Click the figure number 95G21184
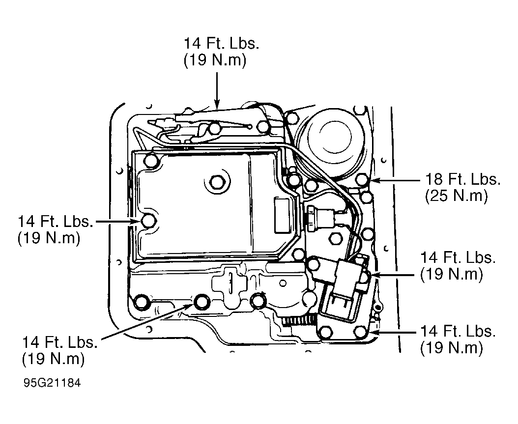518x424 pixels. click(x=52, y=383)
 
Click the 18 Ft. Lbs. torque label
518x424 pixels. click(x=462, y=179)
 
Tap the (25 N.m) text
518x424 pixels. click(x=456, y=196)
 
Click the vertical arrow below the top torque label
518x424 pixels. click(x=217, y=90)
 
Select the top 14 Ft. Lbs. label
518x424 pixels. click(x=221, y=44)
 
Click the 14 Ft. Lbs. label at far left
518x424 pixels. click(x=55, y=221)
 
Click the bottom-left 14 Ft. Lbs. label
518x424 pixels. click(x=60, y=342)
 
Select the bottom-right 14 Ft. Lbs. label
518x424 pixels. click(x=458, y=331)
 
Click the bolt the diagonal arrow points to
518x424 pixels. click(x=201, y=302)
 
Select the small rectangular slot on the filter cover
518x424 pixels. click(x=282, y=216)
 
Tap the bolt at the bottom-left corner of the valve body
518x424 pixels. click(x=142, y=302)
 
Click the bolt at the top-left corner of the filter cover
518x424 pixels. click(x=151, y=161)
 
